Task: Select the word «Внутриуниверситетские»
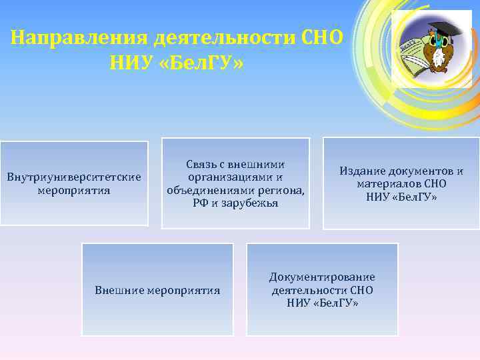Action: (73, 177)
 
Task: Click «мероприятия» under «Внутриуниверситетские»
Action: (74, 190)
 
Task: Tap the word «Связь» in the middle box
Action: (203, 164)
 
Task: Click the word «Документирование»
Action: (322, 277)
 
